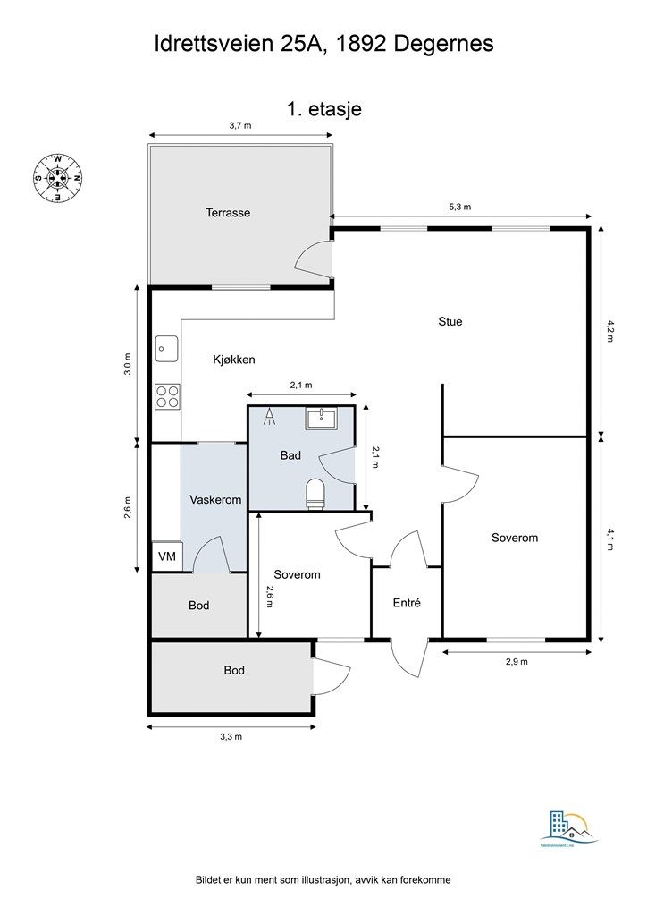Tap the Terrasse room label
(228, 213)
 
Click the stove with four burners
(166, 395)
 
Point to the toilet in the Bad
(315, 494)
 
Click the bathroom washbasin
(318, 418)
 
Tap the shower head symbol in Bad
(269, 414)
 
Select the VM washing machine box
(166, 556)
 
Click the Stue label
(450, 321)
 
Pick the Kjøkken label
(234, 360)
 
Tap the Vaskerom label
(215, 500)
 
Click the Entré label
(407, 603)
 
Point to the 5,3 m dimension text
(459, 207)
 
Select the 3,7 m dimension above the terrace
(240, 126)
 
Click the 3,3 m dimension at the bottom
(231, 736)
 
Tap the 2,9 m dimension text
(517, 662)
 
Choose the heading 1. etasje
(323, 108)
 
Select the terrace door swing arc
(313, 259)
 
